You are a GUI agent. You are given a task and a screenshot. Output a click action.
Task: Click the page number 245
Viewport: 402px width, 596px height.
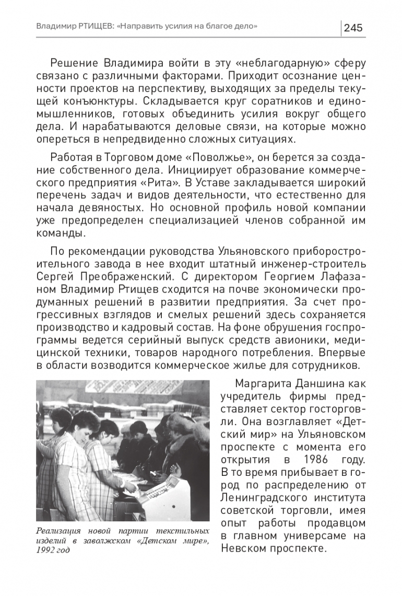[353, 27]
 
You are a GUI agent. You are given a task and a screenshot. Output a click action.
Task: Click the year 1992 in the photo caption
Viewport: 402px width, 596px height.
[46, 550]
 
